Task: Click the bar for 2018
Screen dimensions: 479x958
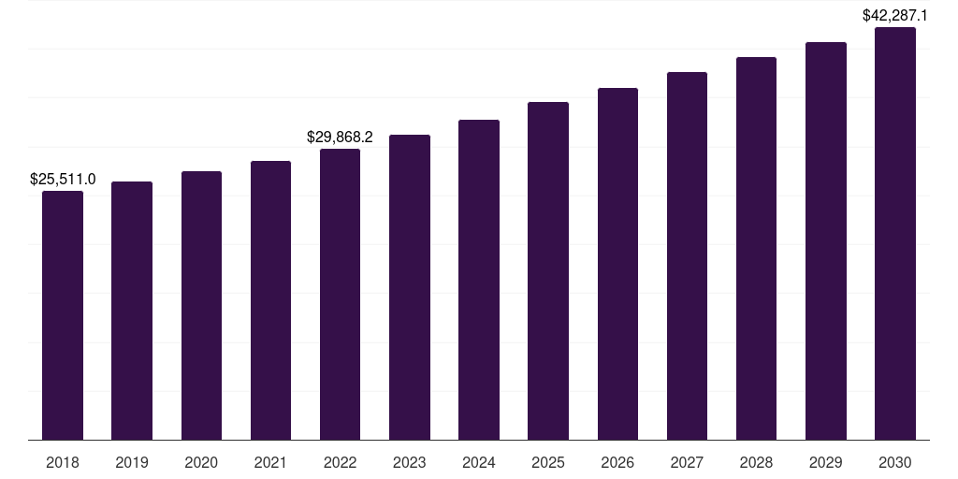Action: (x=63, y=315)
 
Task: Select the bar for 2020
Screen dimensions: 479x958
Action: (x=201, y=305)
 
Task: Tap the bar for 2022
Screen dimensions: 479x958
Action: (x=340, y=294)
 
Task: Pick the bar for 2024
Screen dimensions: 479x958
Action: (x=479, y=280)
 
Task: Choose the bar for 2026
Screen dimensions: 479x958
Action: (x=617, y=264)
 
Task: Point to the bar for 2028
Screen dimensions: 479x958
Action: (x=756, y=248)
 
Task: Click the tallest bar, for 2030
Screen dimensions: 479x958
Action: (x=895, y=233)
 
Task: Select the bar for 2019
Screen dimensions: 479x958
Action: (x=132, y=311)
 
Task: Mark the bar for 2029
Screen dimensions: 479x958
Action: (x=826, y=240)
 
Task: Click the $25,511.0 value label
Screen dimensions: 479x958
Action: (x=63, y=178)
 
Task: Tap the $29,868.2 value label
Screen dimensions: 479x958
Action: (x=340, y=137)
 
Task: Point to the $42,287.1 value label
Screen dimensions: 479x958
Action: (x=895, y=15)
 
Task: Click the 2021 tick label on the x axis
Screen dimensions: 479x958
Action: (x=270, y=462)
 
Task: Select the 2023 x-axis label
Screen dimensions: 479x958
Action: (x=410, y=462)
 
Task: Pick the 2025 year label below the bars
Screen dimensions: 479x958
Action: (x=548, y=462)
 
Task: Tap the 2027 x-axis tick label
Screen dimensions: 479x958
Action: (x=687, y=462)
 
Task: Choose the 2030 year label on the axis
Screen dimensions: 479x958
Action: (x=895, y=462)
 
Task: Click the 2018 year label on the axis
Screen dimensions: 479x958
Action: (x=63, y=462)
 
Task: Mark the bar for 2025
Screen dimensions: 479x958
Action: (x=548, y=270)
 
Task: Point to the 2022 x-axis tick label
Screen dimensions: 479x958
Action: (x=340, y=462)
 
